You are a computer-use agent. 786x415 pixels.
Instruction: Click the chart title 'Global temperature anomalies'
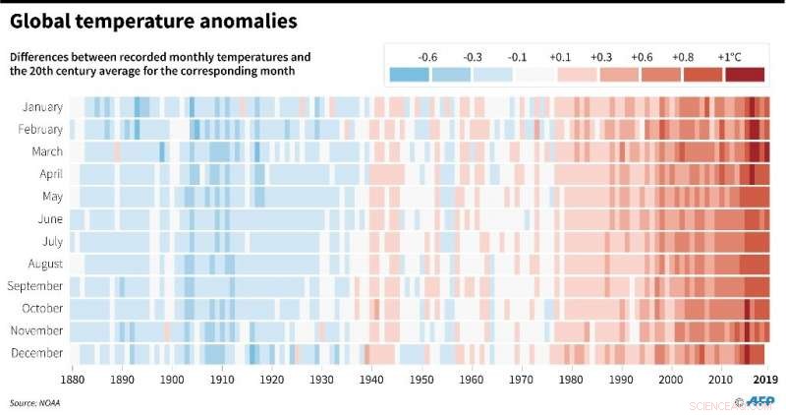coord(155,20)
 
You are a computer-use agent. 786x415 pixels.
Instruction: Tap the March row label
coord(46,151)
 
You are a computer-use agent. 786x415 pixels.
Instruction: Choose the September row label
coord(35,286)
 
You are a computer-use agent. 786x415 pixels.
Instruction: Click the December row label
coord(39,353)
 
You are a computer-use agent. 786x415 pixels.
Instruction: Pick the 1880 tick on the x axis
coord(72,379)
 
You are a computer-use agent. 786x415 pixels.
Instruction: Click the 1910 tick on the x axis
coord(222,379)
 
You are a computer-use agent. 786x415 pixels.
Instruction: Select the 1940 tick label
coord(371,379)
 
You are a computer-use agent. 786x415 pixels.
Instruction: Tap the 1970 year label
coord(522,379)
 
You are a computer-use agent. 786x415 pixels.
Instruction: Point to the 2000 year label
coord(671,379)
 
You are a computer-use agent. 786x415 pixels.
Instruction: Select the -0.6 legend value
coord(427,57)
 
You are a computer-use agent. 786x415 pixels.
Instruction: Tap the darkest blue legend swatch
coord(409,74)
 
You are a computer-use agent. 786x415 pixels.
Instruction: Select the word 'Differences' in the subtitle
coord(40,57)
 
